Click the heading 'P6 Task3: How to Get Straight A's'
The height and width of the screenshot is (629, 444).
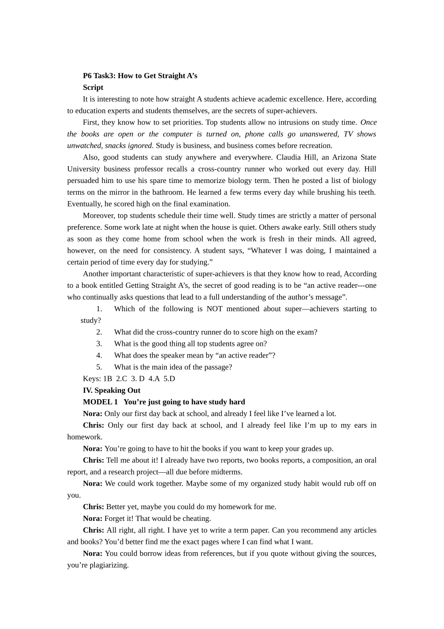point(140,76)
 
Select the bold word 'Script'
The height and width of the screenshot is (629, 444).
point(93,88)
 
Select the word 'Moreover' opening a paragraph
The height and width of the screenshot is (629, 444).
point(98,216)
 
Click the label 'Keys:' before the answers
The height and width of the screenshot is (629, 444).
point(92,379)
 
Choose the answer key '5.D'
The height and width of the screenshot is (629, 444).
point(169,379)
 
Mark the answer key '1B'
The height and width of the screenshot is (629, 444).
point(107,379)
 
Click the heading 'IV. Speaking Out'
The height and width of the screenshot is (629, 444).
point(111,390)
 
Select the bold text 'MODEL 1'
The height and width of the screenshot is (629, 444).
point(100,402)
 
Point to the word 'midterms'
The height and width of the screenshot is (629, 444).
point(227,472)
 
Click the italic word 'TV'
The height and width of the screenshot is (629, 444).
point(348,134)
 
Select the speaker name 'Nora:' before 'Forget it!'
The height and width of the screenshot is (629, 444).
point(93,519)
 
